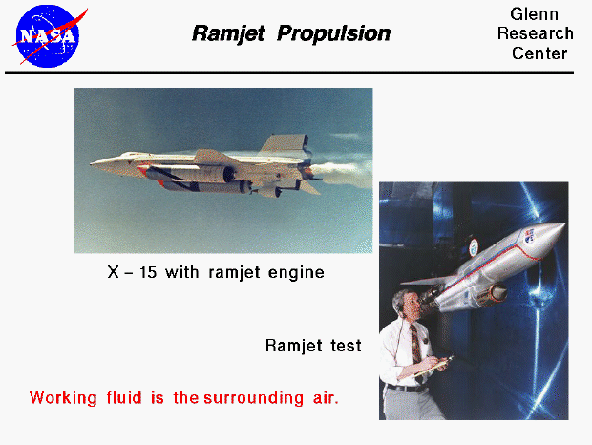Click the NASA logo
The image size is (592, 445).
tap(46, 34)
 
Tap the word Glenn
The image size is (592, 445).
tap(535, 14)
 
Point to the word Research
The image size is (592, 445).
tap(535, 33)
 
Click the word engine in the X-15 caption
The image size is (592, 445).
tap(298, 273)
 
